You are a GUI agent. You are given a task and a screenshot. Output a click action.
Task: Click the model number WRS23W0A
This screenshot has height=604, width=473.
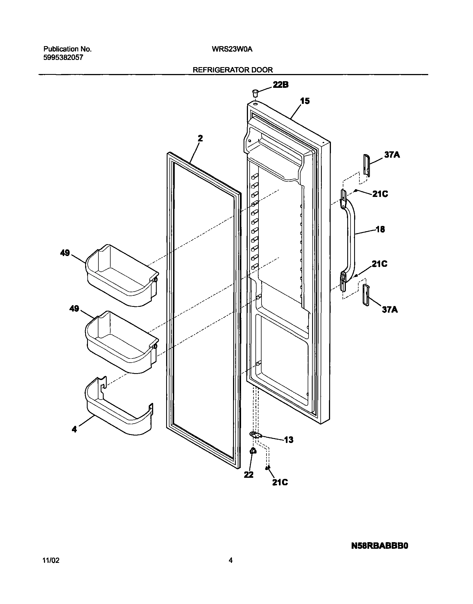pos(232,49)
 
